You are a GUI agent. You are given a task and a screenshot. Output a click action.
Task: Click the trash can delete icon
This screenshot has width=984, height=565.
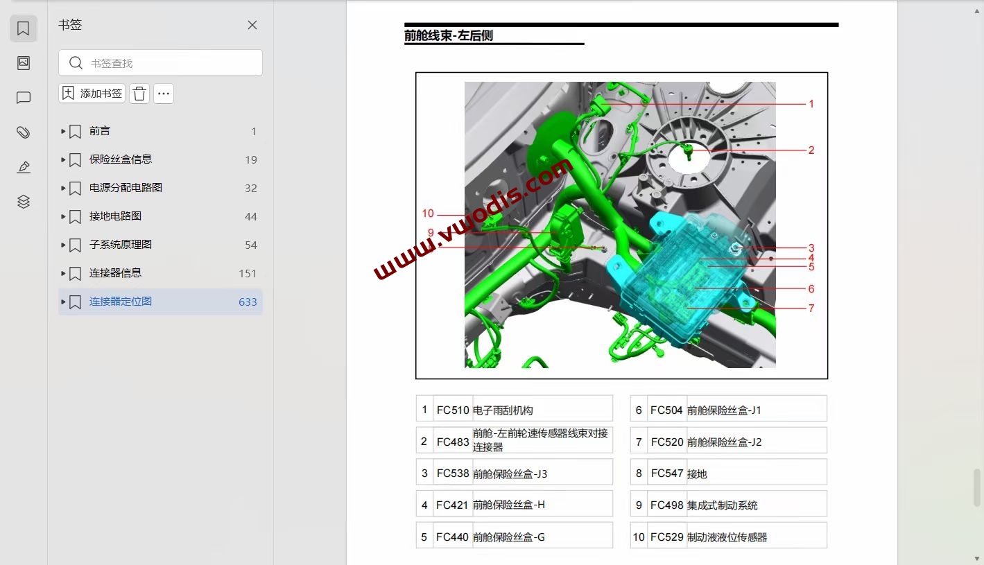click(x=139, y=94)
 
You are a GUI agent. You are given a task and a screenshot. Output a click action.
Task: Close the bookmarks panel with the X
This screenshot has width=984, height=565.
click(x=252, y=25)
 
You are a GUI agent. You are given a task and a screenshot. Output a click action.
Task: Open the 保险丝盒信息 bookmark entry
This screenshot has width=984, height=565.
click(x=120, y=159)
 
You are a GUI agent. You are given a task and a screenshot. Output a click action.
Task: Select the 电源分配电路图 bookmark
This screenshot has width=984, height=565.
click(x=126, y=188)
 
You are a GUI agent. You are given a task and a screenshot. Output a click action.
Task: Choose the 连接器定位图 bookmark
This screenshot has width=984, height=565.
click(x=120, y=302)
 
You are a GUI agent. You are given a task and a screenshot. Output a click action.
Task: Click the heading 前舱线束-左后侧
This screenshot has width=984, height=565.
click(x=449, y=36)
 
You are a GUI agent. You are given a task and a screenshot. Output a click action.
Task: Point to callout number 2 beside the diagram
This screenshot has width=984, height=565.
click(x=811, y=150)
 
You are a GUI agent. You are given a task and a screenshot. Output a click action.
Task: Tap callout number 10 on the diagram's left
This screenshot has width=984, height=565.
click(x=428, y=214)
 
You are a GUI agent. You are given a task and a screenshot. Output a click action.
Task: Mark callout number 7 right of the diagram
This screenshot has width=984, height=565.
click(x=811, y=308)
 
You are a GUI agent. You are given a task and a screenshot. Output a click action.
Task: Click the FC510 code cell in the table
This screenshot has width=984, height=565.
click(x=453, y=410)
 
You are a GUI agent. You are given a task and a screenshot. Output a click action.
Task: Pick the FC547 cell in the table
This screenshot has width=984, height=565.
click(x=667, y=474)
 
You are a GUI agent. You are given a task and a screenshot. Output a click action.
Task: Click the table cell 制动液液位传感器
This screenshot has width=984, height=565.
click(x=727, y=537)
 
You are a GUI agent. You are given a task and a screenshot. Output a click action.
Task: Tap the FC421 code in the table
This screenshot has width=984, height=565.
click(x=453, y=505)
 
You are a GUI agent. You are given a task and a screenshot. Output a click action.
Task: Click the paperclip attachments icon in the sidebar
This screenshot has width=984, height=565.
click(x=24, y=132)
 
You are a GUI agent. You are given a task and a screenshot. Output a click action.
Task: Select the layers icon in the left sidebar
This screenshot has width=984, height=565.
click(x=24, y=202)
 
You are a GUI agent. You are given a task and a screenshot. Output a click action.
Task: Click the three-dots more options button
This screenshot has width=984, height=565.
click(x=164, y=94)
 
